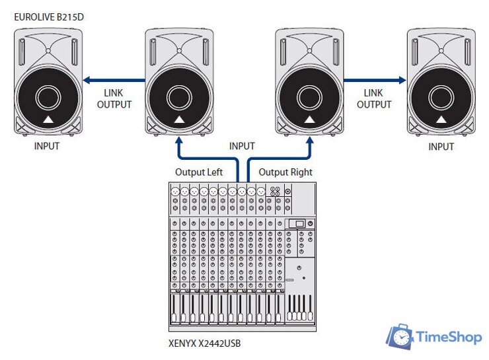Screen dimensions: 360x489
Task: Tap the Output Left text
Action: pyautogui.click(x=198, y=172)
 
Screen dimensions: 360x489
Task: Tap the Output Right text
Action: pyautogui.click(x=285, y=172)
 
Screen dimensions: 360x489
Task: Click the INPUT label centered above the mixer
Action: pyautogui.click(x=242, y=146)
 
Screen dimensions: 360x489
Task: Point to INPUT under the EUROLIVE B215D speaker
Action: pyautogui.click(x=47, y=146)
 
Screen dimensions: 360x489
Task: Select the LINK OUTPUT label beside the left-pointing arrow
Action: pyautogui.click(x=114, y=98)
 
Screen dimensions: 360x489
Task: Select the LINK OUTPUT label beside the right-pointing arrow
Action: pyautogui.click(x=374, y=98)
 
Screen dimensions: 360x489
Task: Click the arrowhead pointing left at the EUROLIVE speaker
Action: pyautogui.click(x=85, y=80)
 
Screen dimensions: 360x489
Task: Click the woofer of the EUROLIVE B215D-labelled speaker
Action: pyautogui.click(x=48, y=99)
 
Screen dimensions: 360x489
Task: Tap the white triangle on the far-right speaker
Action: pyautogui.click(x=440, y=120)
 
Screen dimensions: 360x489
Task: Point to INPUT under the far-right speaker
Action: pyautogui.click(x=441, y=146)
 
